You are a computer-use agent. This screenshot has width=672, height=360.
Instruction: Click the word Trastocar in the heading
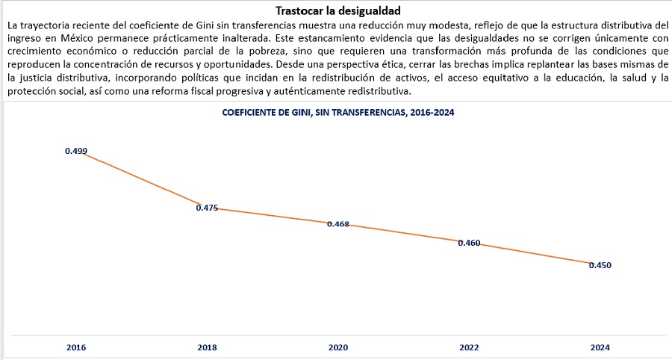[x=300, y=10]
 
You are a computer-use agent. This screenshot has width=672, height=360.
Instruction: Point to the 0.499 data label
[x=76, y=151]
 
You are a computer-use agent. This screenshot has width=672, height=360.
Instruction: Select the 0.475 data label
[x=207, y=208]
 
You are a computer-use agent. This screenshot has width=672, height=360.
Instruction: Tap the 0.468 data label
[x=338, y=224]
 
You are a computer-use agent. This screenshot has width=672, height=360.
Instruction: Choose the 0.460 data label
[x=469, y=243]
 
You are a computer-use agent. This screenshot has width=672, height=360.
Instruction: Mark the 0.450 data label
[x=600, y=265]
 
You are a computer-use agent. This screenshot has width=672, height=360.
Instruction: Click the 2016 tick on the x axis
[x=76, y=347]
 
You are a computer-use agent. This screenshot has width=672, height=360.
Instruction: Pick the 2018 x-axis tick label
[x=207, y=347]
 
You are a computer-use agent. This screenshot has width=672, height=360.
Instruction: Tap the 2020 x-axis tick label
[x=338, y=347]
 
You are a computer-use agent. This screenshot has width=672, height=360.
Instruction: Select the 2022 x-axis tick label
[x=469, y=347]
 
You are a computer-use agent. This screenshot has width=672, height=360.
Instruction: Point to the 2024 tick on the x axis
[x=600, y=347]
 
